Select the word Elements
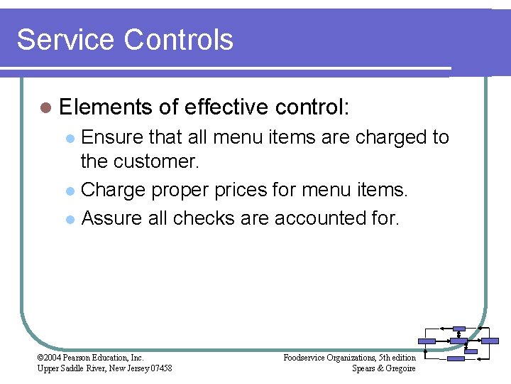pyautogui.click(x=106, y=107)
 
